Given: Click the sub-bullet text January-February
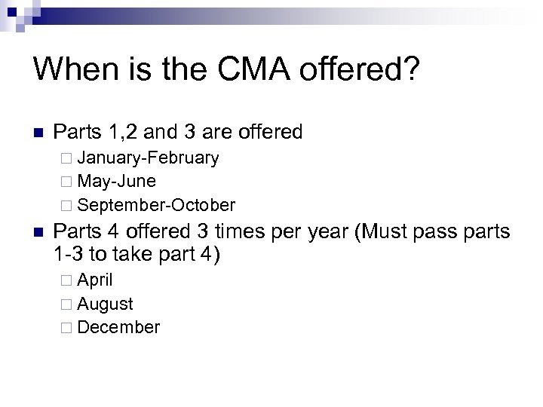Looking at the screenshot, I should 148,158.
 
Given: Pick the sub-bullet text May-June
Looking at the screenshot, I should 116,181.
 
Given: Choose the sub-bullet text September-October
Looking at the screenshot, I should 156,204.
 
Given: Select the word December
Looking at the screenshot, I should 118,327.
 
